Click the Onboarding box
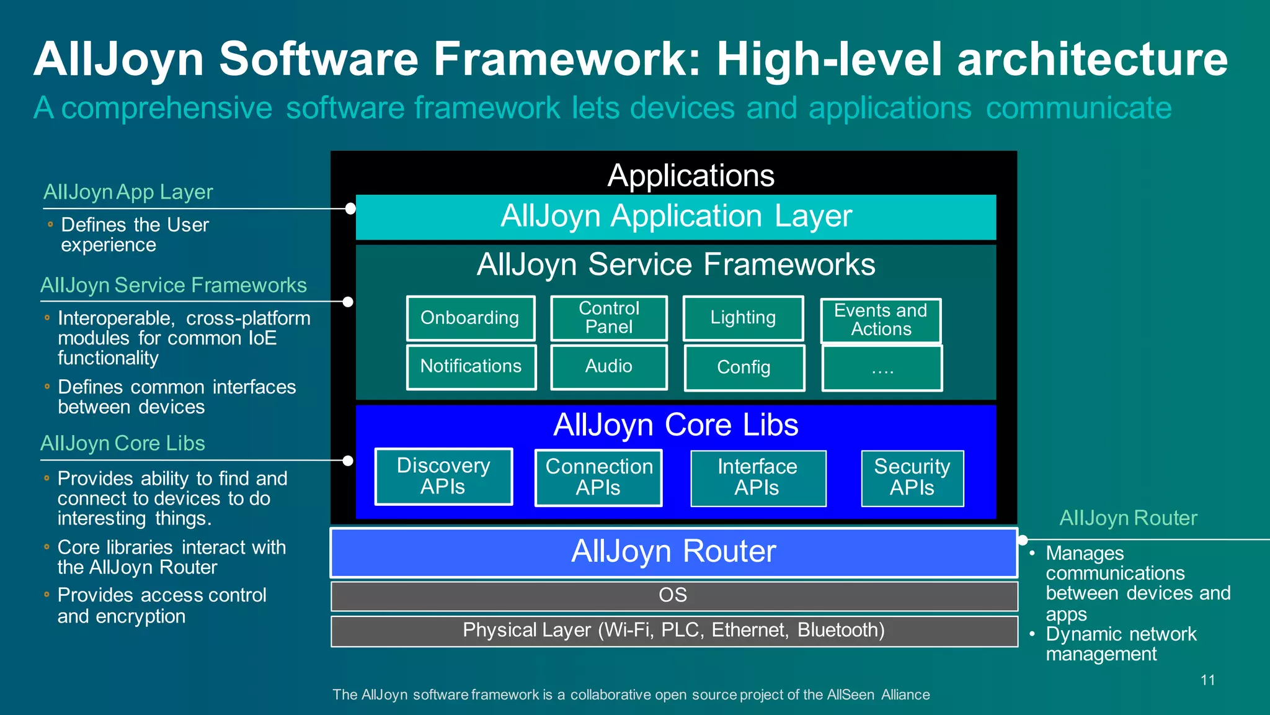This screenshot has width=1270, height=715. pyautogui.click(x=470, y=318)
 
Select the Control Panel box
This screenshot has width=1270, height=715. pyautogui.click(x=609, y=318)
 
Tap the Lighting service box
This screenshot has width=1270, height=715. pyautogui.click(x=743, y=318)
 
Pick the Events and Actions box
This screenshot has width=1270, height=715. pyautogui.click(x=881, y=320)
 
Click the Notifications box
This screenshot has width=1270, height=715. pyautogui.click(x=471, y=367)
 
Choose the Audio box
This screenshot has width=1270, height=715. pyautogui.click(x=609, y=367)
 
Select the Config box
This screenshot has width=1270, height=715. pyautogui.click(x=744, y=367)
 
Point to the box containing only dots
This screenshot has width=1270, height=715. pyautogui.click(x=882, y=368)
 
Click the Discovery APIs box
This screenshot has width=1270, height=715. pyautogui.click(x=443, y=476)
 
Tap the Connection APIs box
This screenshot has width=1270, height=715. pyautogui.click(x=598, y=477)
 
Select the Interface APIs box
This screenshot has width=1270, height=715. pyautogui.click(x=758, y=477)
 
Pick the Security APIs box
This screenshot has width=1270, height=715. pyautogui.click(x=912, y=477)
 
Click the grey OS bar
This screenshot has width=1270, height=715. pyautogui.click(x=673, y=595)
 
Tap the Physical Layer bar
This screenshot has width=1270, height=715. pyautogui.click(x=673, y=631)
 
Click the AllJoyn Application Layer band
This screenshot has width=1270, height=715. pyautogui.click(x=676, y=217)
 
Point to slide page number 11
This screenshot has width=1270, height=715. pyautogui.click(x=1207, y=680)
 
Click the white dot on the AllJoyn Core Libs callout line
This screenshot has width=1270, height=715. pyautogui.click(x=348, y=461)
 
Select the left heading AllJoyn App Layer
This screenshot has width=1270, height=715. pyautogui.click(x=128, y=192)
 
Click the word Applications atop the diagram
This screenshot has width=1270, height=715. pyautogui.click(x=691, y=176)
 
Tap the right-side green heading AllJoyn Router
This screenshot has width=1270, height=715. pyautogui.click(x=1128, y=518)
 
